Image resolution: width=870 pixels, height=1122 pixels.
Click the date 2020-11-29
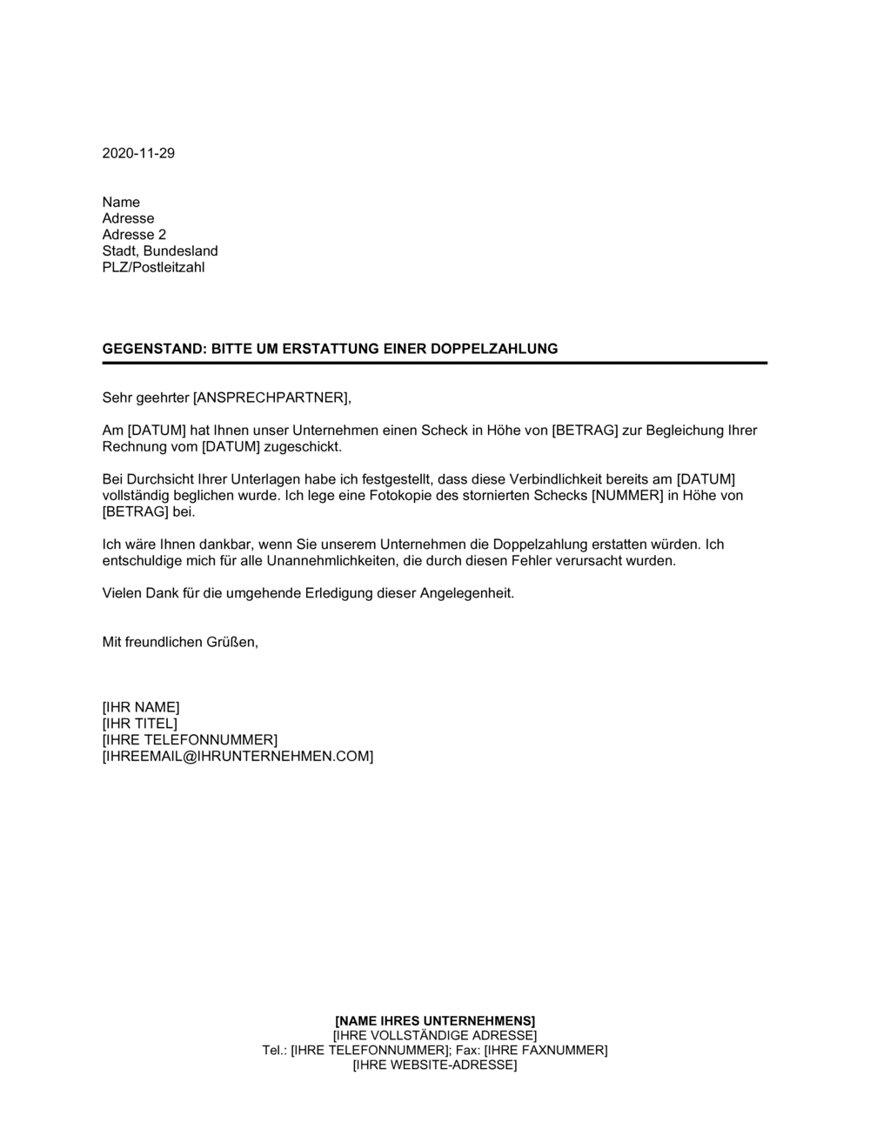tap(138, 153)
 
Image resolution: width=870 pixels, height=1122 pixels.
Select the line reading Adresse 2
tap(134, 235)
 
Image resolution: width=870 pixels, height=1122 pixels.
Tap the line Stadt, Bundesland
tap(160, 251)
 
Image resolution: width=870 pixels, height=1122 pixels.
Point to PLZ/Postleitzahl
tap(153, 267)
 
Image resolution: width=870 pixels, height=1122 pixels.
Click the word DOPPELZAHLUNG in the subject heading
tap(500, 349)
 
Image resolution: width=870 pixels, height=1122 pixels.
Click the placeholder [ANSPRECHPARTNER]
tap(271, 398)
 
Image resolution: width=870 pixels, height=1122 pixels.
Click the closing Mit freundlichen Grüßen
tap(180, 643)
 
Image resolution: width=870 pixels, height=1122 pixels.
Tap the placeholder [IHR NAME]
tap(141, 707)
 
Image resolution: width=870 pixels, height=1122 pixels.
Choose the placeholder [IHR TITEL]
tap(140, 724)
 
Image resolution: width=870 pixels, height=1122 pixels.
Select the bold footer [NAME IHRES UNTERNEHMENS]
tap(435, 1020)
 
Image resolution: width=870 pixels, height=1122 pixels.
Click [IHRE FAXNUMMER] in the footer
tap(545, 1051)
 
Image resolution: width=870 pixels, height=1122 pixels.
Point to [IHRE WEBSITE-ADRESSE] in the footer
tap(435, 1065)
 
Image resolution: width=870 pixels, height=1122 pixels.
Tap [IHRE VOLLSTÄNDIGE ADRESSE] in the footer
tap(435, 1036)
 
